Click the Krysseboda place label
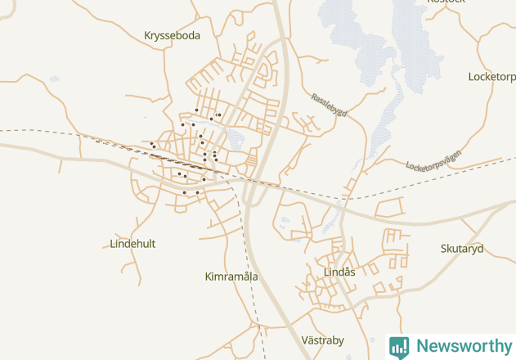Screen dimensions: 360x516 point(172,35)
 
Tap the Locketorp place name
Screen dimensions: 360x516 point(491,77)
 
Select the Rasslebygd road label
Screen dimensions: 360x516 point(328,106)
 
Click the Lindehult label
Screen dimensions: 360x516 point(132,244)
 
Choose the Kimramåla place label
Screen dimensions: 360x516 point(231,277)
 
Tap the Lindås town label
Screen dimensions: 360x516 point(339,272)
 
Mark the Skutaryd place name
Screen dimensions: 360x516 point(462,249)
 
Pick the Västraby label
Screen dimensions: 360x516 point(323,340)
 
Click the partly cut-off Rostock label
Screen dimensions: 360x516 point(446,2)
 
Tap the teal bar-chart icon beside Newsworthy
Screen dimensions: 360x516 point(399,346)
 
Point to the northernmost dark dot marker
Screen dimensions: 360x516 point(197,110)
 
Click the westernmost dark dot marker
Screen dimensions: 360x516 point(151,143)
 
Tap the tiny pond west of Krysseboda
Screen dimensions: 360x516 point(54,79)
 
